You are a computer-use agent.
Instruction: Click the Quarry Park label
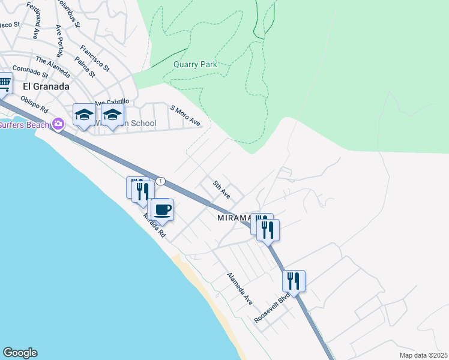pyautogui.click(x=194, y=64)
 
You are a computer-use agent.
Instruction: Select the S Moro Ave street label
pyautogui.click(x=185, y=115)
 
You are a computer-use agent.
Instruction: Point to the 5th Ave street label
pyautogui.click(x=221, y=187)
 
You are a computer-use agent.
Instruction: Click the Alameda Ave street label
pyautogui.click(x=240, y=287)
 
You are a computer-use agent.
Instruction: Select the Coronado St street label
pyautogui.click(x=30, y=72)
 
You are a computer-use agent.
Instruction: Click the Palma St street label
pyautogui.click(x=85, y=66)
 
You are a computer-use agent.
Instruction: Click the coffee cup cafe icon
pyautogui.click(x=162, y=210)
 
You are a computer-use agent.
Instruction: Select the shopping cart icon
pyautogui.click(x=4, y=83)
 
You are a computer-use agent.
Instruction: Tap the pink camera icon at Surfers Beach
pyautogui.click(x=58, y=124)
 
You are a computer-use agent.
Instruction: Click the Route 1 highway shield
pyautogui.click(x=160, y=181)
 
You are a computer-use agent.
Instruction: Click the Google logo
pyautogui.click(x=20, y=353)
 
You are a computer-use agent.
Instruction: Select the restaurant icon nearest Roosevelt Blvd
pyautogui.click(x=294, y=280)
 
